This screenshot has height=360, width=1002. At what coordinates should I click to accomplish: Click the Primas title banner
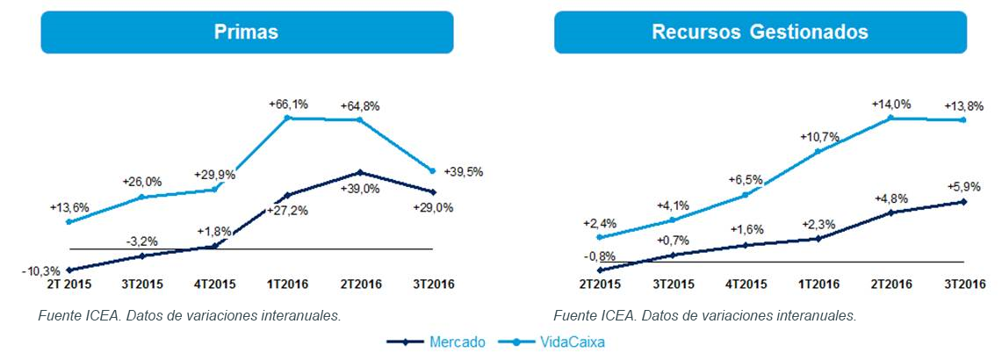[247, 32]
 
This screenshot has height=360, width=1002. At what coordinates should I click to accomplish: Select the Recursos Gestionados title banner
[760, 32]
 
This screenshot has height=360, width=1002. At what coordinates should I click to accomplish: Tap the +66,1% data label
[288, 104]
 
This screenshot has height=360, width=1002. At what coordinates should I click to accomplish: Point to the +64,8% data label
[360, 106]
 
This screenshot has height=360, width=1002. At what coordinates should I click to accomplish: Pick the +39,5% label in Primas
[464, 170]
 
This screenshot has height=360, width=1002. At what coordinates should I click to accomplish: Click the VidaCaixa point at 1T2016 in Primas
[288, 118]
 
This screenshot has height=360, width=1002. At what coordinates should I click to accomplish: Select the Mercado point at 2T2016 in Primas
[360, 172]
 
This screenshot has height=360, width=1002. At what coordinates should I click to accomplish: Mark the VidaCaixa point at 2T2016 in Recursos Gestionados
[890, 118]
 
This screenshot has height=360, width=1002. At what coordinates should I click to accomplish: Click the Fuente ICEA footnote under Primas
[190, 315]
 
